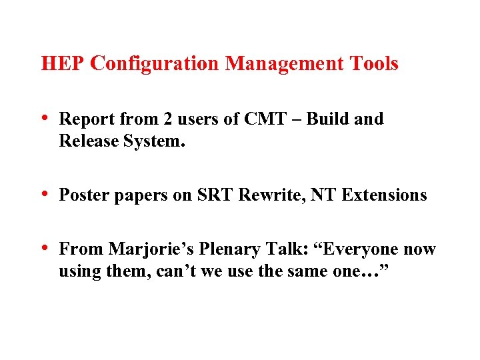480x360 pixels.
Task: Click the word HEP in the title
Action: pyautogui.click(x=63, y=64)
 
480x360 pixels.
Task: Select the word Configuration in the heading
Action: pyautogui.click(x=154, y=64)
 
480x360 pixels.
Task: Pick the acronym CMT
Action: pyautogui.click(x=263, y=119)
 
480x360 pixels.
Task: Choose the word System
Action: pyautogui.click(x=148, y=141)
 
